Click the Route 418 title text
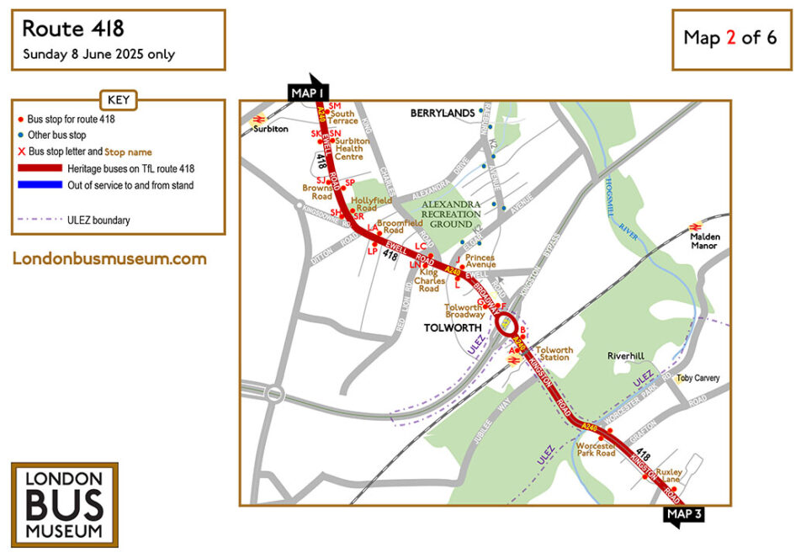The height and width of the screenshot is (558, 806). point(73,29)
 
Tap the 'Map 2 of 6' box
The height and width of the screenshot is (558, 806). point(730,38)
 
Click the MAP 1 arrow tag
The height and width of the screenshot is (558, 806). point(308,91)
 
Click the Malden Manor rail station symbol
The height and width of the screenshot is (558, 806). point(696,226)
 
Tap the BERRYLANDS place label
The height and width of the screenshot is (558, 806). point(442,113)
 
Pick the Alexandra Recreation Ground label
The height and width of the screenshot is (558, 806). point(451,215)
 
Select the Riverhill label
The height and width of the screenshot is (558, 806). point(626,357)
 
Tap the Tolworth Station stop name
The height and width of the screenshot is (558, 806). point(554,354)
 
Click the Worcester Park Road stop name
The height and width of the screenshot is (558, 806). point(597,448)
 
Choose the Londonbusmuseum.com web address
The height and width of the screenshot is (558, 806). point(109,258)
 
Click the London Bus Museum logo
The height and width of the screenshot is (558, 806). point(64,504)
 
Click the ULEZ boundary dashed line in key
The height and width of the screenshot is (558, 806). point(40,221)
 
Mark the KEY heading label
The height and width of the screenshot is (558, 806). point(118,100)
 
